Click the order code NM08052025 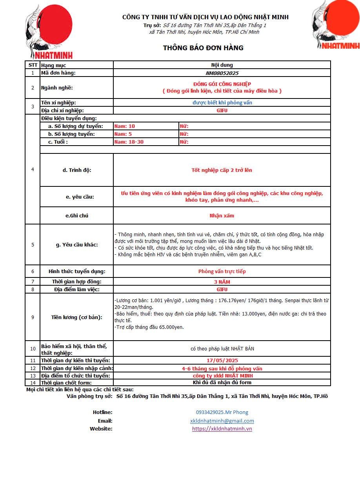click(222, 73)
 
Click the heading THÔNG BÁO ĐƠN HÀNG click(203, 48)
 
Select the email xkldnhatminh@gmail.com click(222, 421)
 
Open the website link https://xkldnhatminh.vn click(222, 429)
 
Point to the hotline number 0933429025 click(222, 412)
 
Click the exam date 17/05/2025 click(222, 360)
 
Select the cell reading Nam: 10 click(124, 126)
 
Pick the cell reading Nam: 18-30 click(129, 142)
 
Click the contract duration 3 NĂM click(222, 282)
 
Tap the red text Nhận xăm click(222, 215)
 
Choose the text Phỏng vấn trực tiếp click(222, 271)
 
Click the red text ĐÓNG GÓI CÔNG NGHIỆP click(222, 84)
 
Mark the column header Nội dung click(222, 65)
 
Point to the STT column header click(33, 65)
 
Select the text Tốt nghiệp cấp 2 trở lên click(222, 170)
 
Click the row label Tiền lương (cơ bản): click(77, 317)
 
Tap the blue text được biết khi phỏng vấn click(222, 103)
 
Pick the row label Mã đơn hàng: click(58, 73)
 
